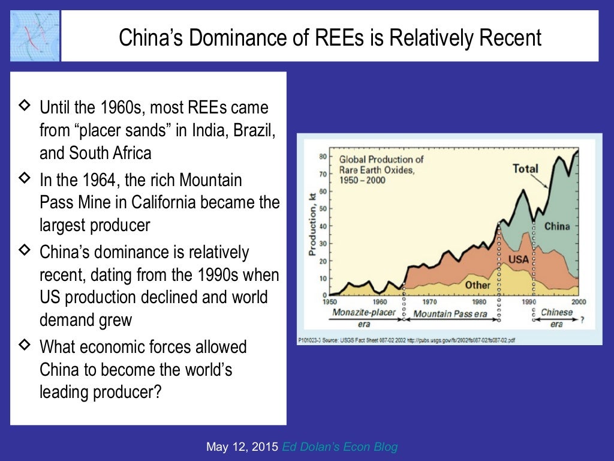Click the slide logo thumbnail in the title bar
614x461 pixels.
(x=35, y=35)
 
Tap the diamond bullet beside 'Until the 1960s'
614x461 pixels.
(x=25, y=106)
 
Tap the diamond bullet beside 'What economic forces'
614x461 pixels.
(x=25, y=345)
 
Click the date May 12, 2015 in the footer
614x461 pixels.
(x=242, y=447)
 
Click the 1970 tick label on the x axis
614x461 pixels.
(x=429, y=302)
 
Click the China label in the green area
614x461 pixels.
(x=556, y=226)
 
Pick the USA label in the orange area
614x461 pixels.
(x=519, y=260)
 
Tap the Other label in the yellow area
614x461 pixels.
(x=478, y=285)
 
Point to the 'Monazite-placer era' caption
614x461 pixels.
(x=364, y=318)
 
